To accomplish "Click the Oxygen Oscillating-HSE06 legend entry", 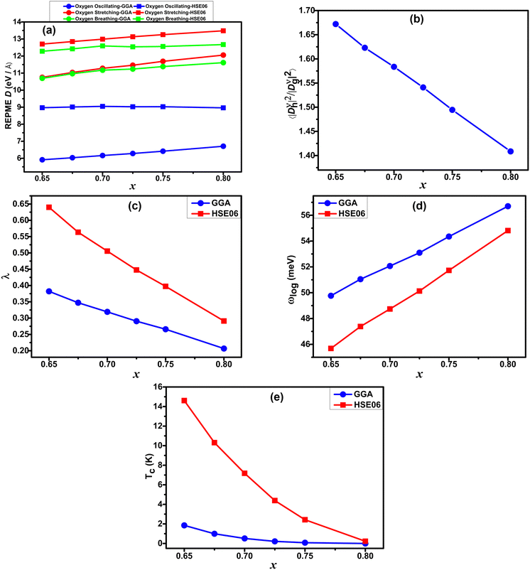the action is click(x=171, y=6).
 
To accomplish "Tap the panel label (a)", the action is click(x=49, y=30).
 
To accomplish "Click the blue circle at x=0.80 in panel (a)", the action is click(x=223, y=146).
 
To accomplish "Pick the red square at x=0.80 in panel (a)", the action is click(x=223, y=31).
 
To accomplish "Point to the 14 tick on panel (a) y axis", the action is click(x=17, y=22).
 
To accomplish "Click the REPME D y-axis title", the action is click(x=9, y=96).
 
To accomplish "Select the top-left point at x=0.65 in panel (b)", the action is click(x=335, y=24).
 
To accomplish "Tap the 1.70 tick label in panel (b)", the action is click(x=307, y=11).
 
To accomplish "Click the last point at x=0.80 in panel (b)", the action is click(x=510, y=151).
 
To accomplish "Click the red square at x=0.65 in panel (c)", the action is click(x=49, y=208).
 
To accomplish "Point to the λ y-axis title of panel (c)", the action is click(x=6, y=276).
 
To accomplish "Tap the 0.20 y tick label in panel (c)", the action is click(x=21, y=350).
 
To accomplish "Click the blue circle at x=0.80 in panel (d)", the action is click(x=508, y=206).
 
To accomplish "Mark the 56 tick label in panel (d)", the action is click(x=305, y=215).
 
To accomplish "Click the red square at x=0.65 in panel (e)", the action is click(x=184, y=401).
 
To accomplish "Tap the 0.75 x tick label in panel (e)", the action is click(x=305, y=556).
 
